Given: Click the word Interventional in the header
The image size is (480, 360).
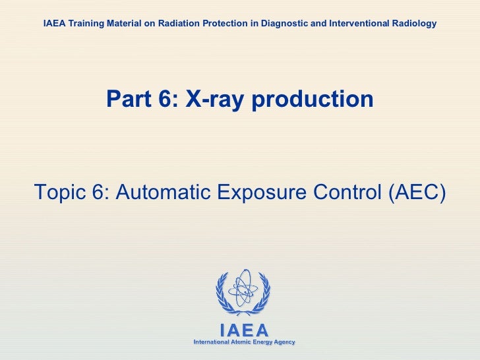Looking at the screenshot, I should (x=360, y=24).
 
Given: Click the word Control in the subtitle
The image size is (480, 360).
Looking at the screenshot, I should (x=349, y=192).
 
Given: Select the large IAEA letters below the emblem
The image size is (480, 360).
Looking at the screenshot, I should (x=243, y=330).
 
